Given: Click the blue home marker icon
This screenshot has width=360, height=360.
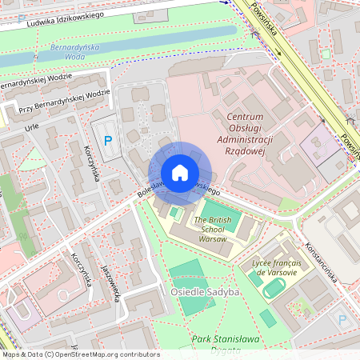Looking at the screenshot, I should [x=180, y=173].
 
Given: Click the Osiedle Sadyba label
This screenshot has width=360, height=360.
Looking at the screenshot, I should [x=205, y=292].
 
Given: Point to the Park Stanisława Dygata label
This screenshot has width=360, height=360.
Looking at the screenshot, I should [x=226, y=343].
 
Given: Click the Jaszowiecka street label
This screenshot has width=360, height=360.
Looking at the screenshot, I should [x=110, y=285].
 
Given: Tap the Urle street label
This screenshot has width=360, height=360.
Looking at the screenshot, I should [x=31, y=126].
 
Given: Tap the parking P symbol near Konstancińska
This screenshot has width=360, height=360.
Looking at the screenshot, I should [x=342, y=319].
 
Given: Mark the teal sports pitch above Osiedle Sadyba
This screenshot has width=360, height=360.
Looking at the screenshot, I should [x=186, y=272].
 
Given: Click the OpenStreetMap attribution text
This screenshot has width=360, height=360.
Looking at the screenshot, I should [x=80, y=354].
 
